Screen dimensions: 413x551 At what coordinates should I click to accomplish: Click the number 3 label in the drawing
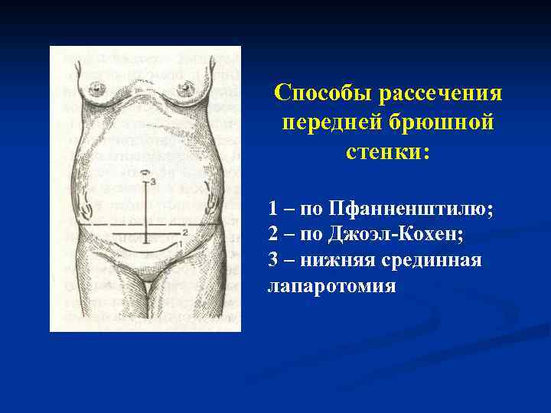pyautogui.click(x=153, y=181)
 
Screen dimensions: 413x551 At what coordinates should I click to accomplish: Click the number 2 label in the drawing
pyautogui.click(x=185, y=230)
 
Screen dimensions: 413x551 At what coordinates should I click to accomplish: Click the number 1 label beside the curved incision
pyautogui.click(x=181, y=242)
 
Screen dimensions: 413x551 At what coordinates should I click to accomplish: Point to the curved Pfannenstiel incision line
pyautogui.click(x=145, y=249)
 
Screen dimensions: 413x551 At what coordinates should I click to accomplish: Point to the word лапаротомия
pyautogui.click(x=331, y=287)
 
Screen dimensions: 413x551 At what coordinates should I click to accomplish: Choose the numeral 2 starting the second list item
pyautogui.click(x=274, y=235)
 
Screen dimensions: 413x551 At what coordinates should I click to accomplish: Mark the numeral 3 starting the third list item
pyautogui.click(x=274, y=261)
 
